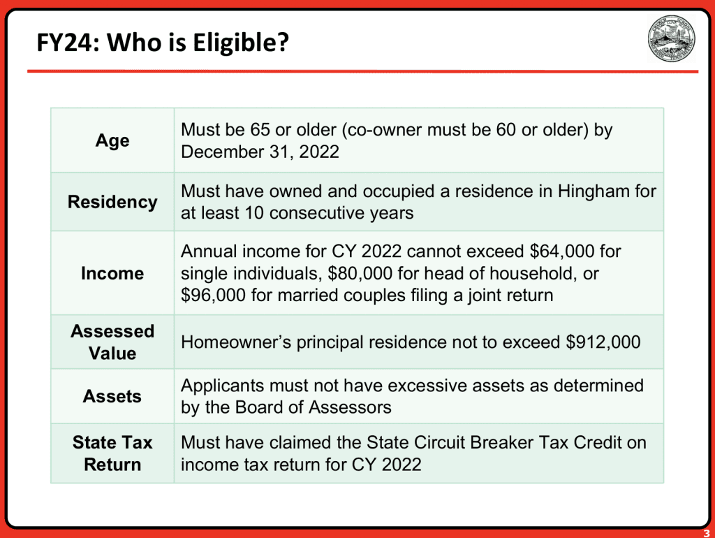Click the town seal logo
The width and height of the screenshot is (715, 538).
671,38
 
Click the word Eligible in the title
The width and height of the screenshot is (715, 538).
240,43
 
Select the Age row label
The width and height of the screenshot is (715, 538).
112,140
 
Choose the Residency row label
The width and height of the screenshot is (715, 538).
112,202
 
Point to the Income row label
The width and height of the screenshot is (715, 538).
112,273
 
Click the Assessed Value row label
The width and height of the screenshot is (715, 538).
112,342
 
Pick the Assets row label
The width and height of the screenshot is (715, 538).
112,397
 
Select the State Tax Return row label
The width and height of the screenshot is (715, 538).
112,453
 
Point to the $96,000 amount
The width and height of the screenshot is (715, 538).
213,296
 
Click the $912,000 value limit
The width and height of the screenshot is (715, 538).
603,342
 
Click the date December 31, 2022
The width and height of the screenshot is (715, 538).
260,152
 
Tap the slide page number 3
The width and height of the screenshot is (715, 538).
707,533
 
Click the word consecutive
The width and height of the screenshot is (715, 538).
315,213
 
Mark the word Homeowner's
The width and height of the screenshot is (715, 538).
236,342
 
